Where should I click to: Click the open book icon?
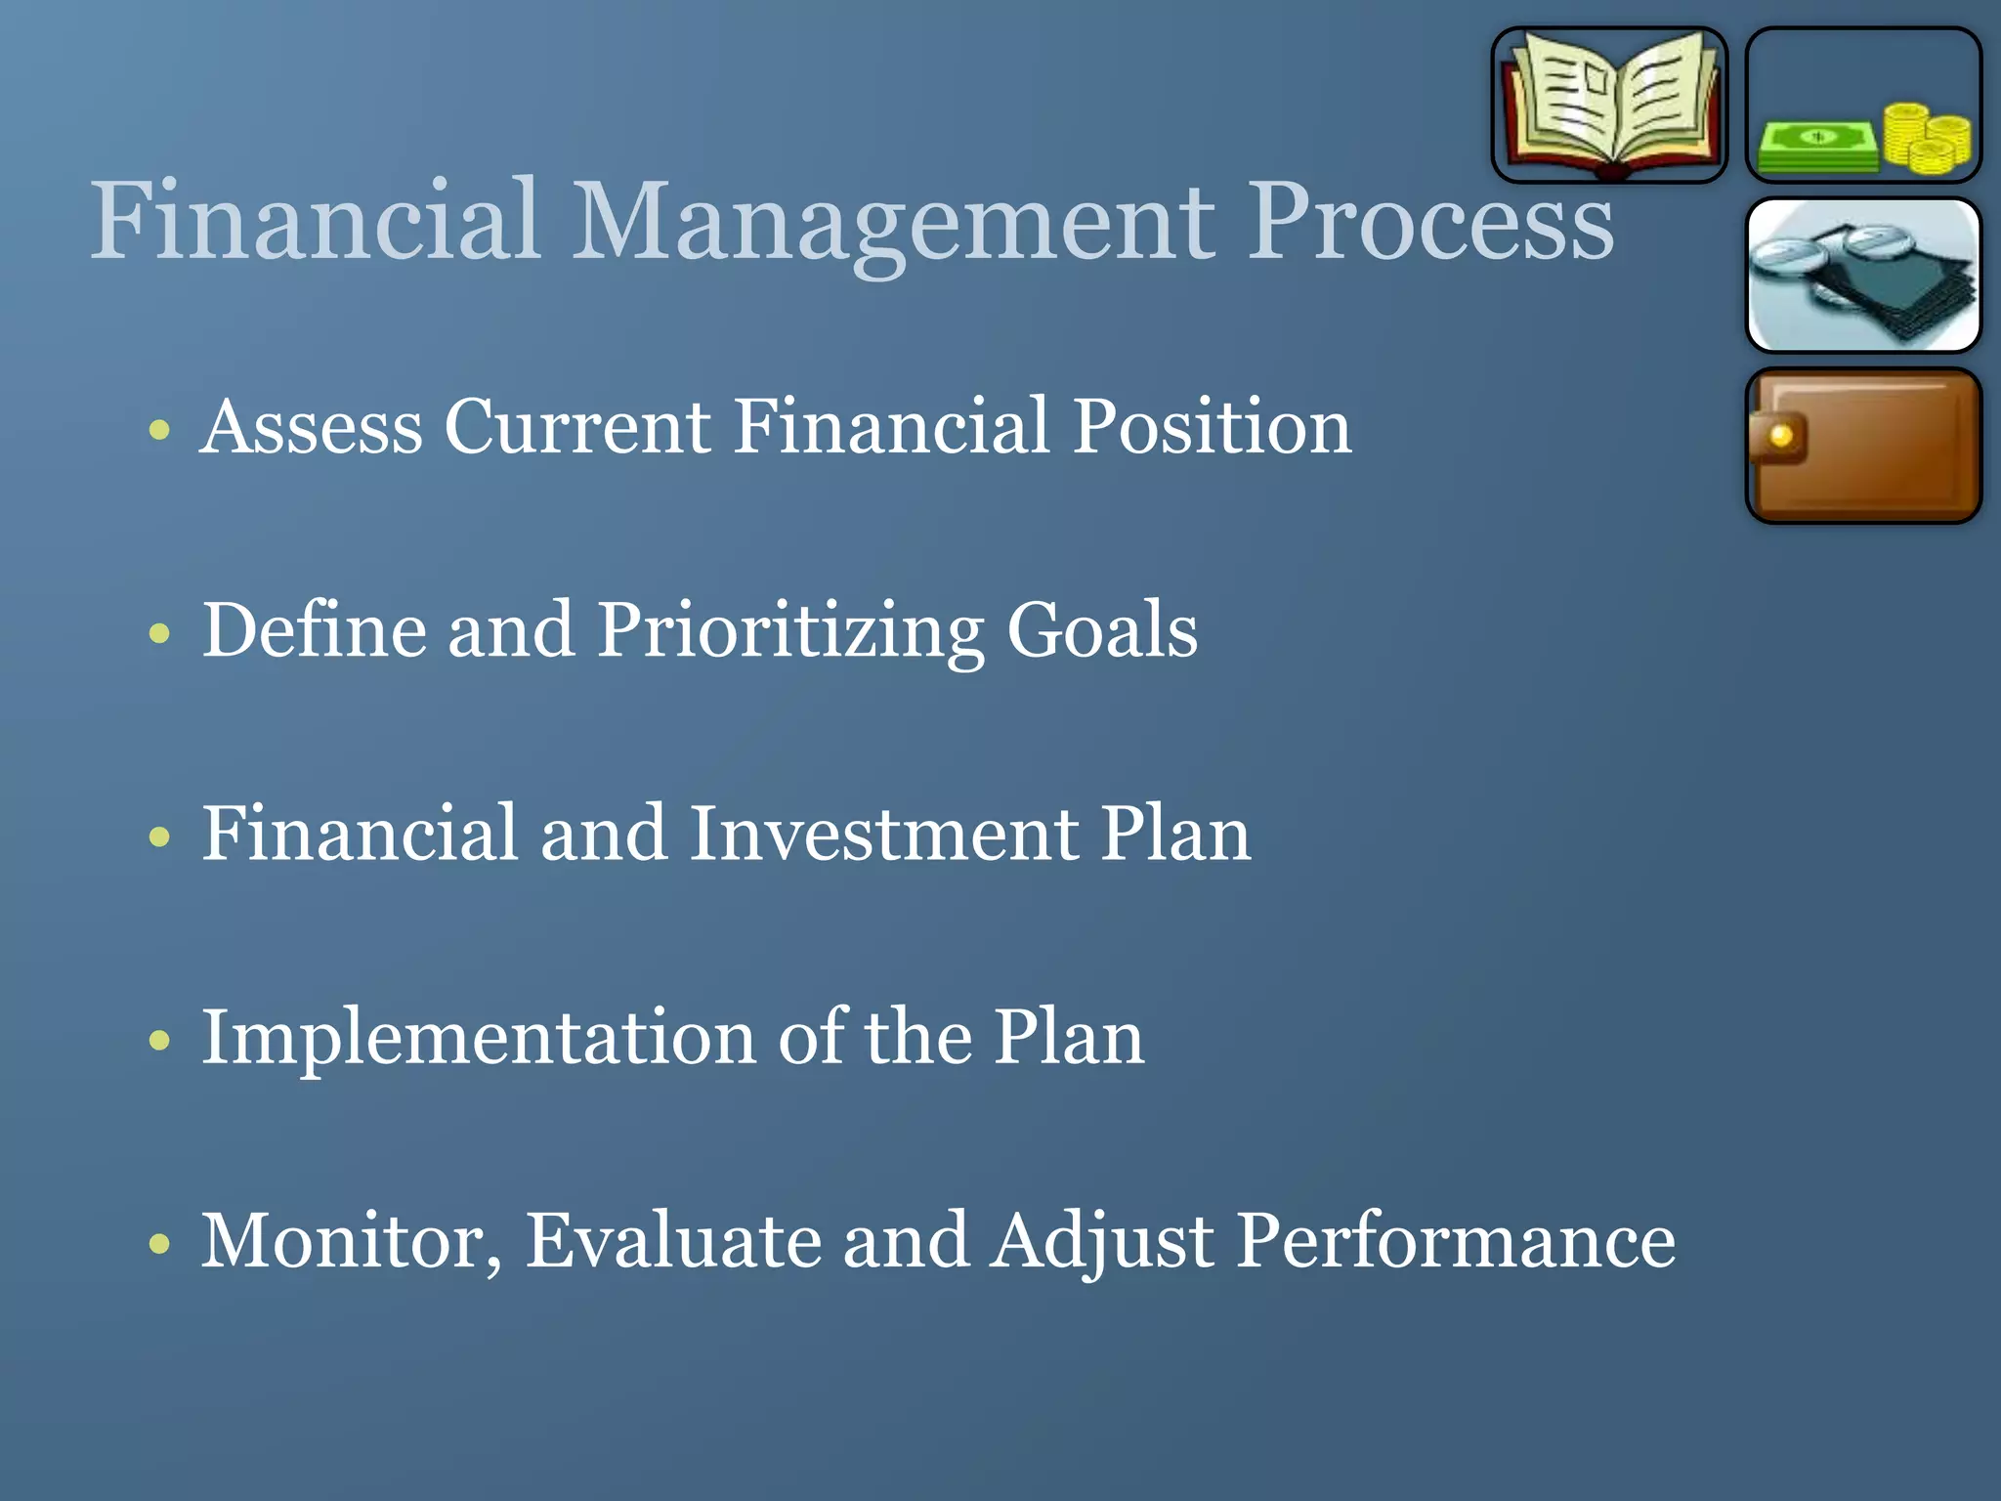point(1609,105)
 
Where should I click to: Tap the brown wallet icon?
point(1863,447)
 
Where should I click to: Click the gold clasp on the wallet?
point(1780,436)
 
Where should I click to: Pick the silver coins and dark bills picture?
point(1863,275)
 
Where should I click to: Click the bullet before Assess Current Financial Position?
point(160,430)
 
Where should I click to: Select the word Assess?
point(312,427)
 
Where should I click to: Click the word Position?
point(1213,427)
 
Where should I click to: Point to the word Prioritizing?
point(789,632)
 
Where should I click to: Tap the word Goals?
point(1102,630)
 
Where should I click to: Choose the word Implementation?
point(478,1038)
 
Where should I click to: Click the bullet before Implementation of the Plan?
point(160,1041)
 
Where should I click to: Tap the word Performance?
point(1456,1241)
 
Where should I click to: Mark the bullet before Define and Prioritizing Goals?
point(160,634)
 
